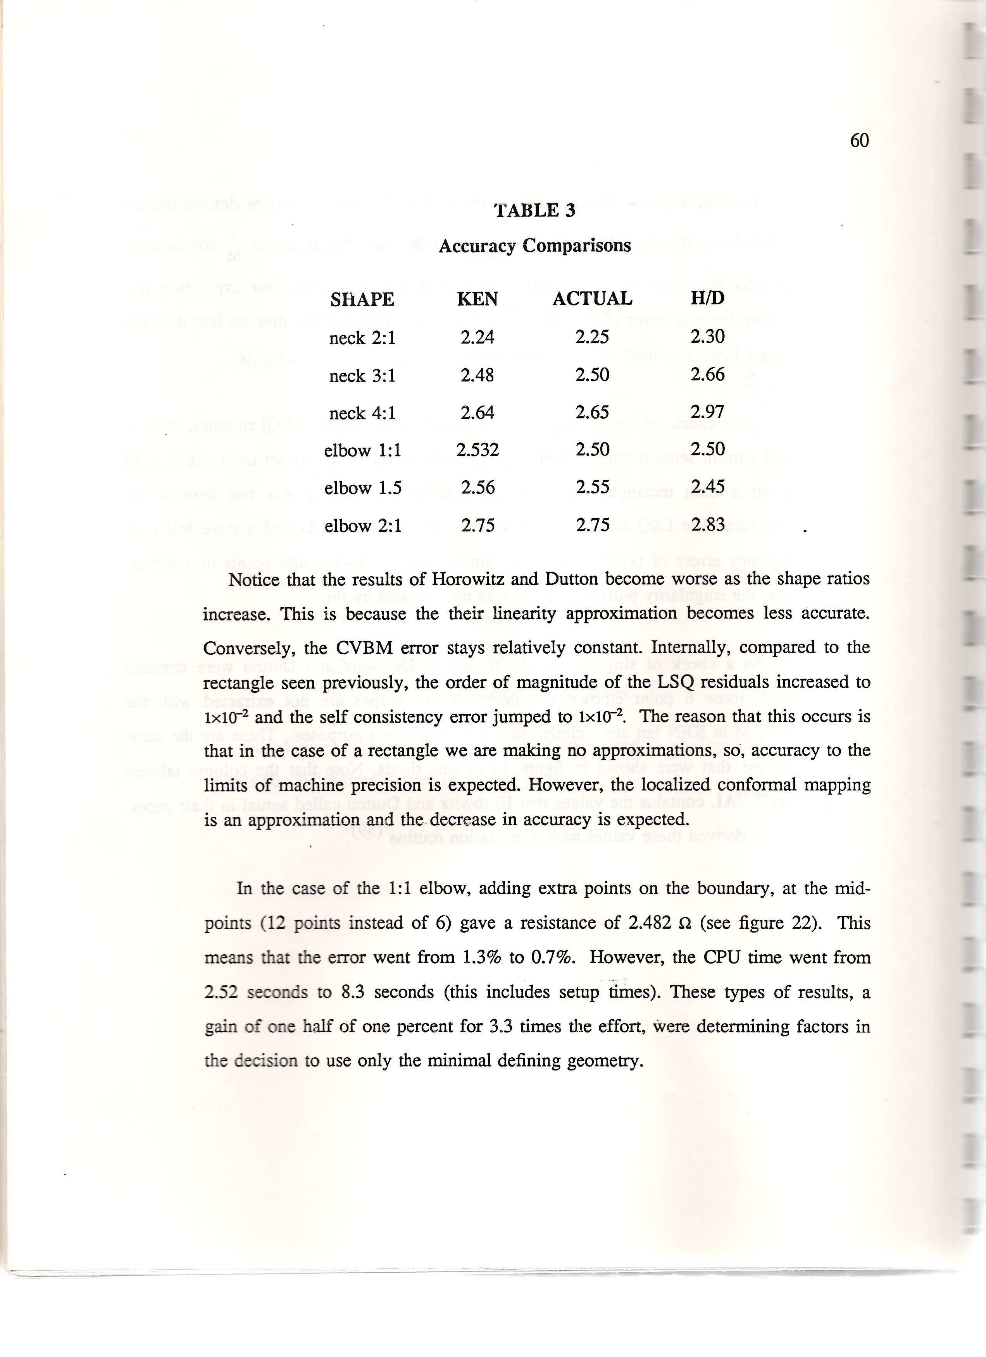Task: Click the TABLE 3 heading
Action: click(x=534, y=211)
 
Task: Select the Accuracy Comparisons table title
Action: click(x=534, y=246)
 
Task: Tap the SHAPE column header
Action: click(x=362, y=299)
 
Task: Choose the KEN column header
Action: click(x=477, y=299)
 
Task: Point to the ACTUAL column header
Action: click(x=592, y=299)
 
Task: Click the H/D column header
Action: click(x=707, y=298)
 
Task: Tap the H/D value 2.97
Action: click(x=707, y=412)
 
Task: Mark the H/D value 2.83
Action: click(x=708, y=525)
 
